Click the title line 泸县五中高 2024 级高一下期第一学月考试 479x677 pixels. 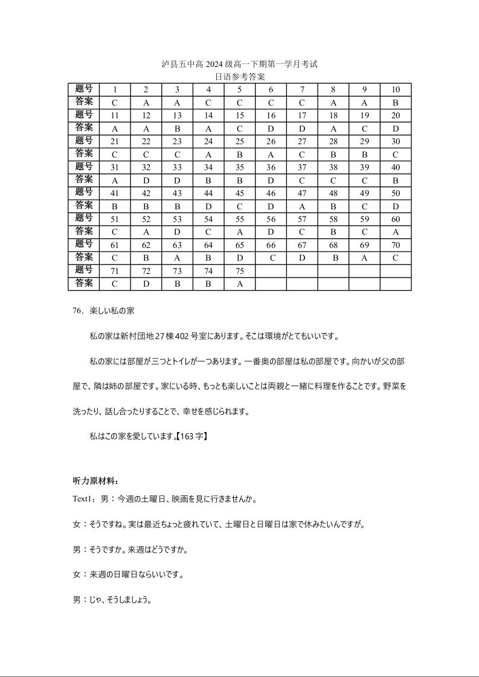[x=239, y=64]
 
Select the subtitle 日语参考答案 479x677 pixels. [x=239, y=77]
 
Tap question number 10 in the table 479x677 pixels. [x=396, y=90]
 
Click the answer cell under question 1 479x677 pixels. [x=115, y=103]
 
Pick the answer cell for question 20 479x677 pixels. [x=396, y=129]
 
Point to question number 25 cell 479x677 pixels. [x=239, y=141]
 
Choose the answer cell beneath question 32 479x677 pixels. [x=146, y=180]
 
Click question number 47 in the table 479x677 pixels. [x=302, y=193]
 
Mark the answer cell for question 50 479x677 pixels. [x=396, y=206]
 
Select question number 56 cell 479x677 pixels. [x=271, y=219]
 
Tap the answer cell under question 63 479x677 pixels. [x=177, y=258]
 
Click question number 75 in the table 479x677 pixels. [x=239, y=271]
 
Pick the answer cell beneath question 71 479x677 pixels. [x=115, y=284]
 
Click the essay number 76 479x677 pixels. [x=77, y=311]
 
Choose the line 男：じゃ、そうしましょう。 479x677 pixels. [x=112, y=600]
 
